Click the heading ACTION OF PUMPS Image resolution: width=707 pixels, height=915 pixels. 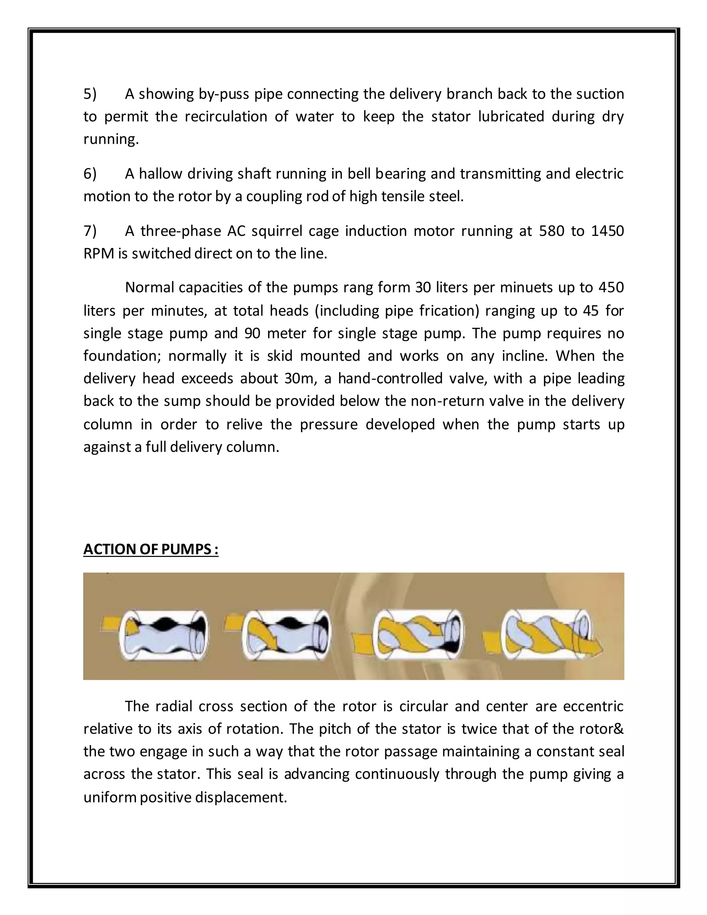click(x=151, y=549)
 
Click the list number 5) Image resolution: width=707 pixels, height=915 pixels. click(x=90, y=94)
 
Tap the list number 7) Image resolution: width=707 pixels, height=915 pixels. click(x=90, y=231)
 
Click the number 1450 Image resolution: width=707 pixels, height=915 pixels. click(x=607, y=231)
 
